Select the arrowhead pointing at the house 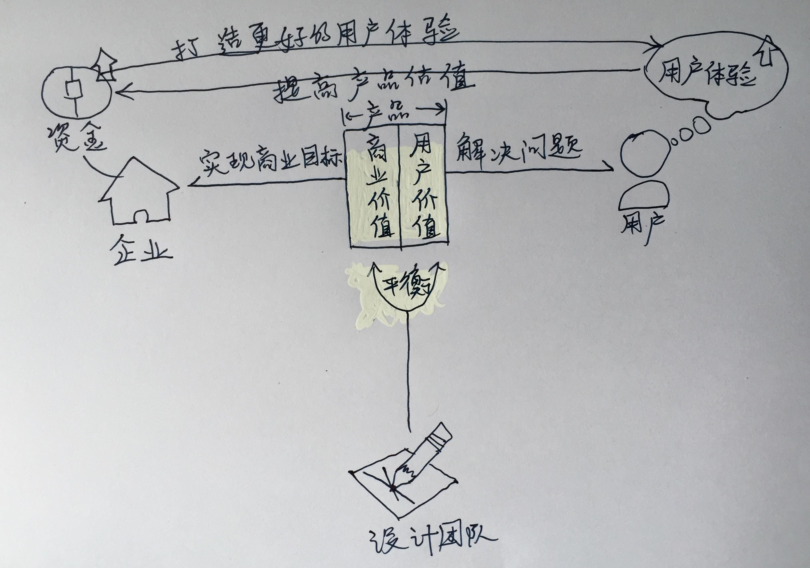(x=194, y=184)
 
